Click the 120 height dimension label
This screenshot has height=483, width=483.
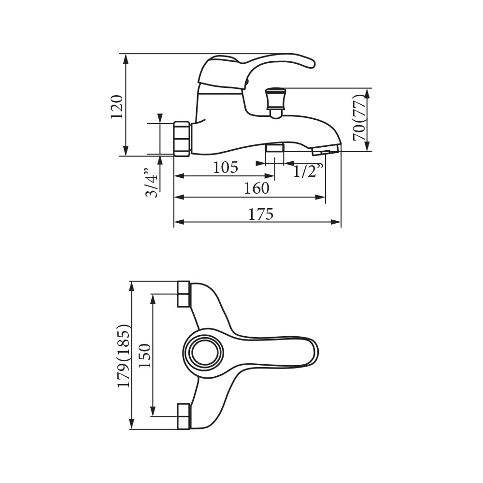click(117, 107)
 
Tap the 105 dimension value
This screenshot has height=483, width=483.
click(226, 167)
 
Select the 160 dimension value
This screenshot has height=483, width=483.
click(256, 188)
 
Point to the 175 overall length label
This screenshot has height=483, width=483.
click(261, 214)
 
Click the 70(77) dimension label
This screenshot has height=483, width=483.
click(360, 117)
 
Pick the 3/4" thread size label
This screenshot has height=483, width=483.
click(151, 183)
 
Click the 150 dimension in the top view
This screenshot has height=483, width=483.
click(145, 356)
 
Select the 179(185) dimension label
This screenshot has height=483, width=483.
click(125, 355)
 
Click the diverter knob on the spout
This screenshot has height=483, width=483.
click(276, 103)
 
